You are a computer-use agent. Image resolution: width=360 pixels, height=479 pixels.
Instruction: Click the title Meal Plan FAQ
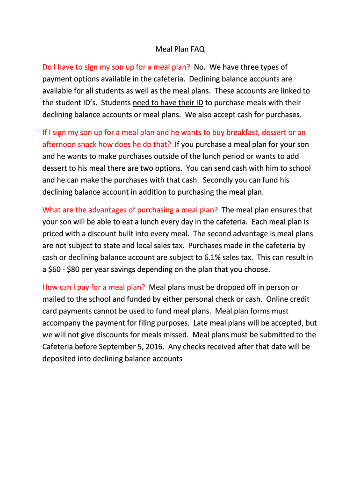[x=180, y=49]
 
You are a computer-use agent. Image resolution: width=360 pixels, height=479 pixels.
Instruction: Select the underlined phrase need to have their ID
[x=168, y=102]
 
